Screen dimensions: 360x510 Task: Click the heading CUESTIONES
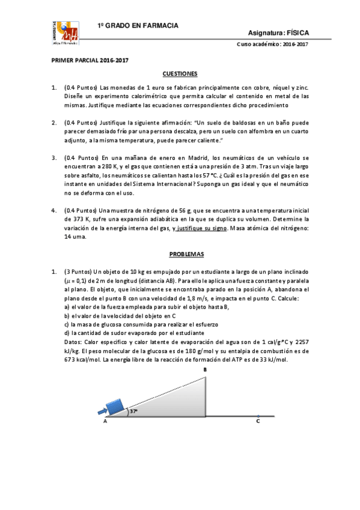(x=180, y=73)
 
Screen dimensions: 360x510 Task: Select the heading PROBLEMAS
(x=180, y=254)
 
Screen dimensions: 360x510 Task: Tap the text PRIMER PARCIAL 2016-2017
(x=90, y=60)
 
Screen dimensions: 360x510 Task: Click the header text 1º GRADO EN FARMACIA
(x=138, y=26)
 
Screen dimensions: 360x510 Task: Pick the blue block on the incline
(x=117, y=407)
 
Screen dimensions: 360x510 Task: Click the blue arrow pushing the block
(x=102, y=411)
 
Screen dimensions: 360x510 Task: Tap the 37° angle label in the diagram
(x=133, y=412)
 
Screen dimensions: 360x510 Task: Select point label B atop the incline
(x=205, y=370)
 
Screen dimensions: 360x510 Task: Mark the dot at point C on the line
(x=258, y=416)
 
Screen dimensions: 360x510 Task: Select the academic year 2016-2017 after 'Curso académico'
(x=294, y=45)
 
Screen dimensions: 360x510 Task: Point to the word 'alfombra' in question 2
(x=267, y=131)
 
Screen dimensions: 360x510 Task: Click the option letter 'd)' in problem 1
(x=67, y=333)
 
